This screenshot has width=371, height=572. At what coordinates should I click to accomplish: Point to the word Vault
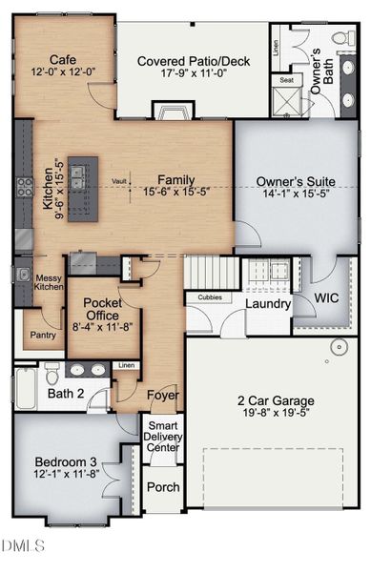click(119, 180)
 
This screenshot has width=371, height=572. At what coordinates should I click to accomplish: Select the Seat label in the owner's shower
click(285, 80)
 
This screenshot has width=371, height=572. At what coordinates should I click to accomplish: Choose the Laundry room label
click(267, 304)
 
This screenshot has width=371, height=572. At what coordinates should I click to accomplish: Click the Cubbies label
click(209, 297)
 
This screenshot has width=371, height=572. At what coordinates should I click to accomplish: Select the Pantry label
click(41, 335)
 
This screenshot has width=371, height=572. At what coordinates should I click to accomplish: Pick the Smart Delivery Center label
click(162, 438)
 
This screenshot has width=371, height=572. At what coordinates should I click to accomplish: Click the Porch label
click(162, 487)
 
